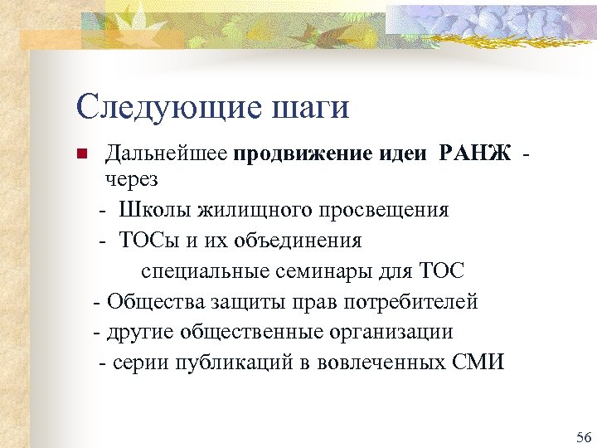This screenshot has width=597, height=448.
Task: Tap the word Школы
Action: coord(149,209)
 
